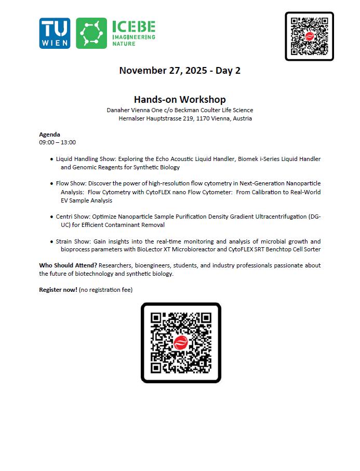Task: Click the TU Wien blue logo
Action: pyautogui.click(x=55, y=34)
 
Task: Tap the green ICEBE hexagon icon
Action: pyautogui.click(x=91, y=34)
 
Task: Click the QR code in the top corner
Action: pyautogui.click(x=309, y=36)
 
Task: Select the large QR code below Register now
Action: pyautogui.click(x=181, y=343)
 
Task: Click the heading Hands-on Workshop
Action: pyautogui.click(x=180, y=100)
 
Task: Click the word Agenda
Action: pyautogui.click(x=49, y=134)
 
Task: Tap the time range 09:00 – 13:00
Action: pyautogui.click(x=57, y=142)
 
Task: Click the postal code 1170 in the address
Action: pyautogui.click(x=200, y=118)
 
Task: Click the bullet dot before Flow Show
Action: pyautogui.click(x=51, y=184)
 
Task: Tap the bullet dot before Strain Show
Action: pyautogui.click(x=51, y=242)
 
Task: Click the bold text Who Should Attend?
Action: pyautogui.click(x=68, y=265)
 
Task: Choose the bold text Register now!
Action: pyautogui.click(x=58, y=289)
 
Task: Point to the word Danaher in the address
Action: pyautogui.click(x=119, y=110)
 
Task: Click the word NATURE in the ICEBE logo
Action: pyautogui.click(x=124, y=44)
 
